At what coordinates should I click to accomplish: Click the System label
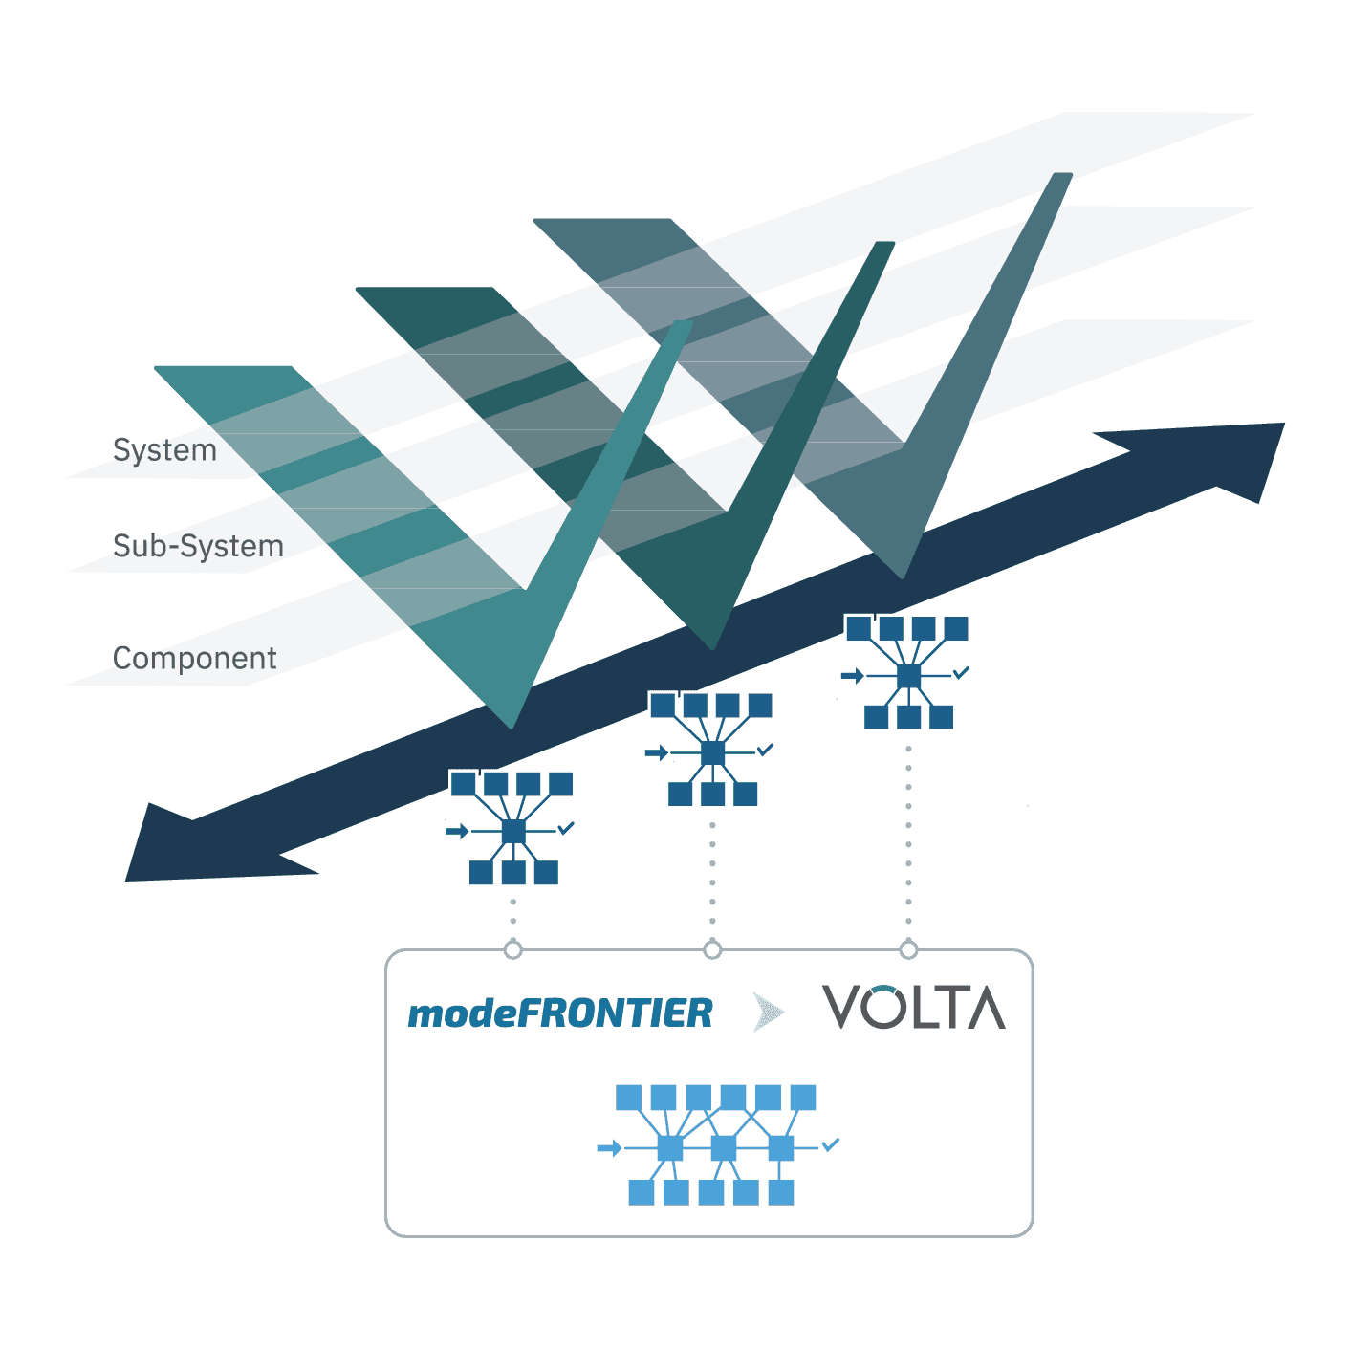coord(164,450)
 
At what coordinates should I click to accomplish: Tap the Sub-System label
coord(198,546)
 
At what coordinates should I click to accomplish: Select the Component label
coord(194,659)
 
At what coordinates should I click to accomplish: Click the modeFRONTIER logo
coord(560,1013)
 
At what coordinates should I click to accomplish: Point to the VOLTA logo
coord(914,1007)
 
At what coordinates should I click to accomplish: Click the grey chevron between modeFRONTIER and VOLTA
coord(768,1012)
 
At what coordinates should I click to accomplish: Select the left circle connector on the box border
coord(513,949)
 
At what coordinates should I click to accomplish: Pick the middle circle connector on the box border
coord(712,949)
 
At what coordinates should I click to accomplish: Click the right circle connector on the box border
coord(908,949)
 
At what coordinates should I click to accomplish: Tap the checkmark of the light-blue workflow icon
coord(831,1143)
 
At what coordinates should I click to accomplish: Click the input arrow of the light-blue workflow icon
coord(609,1147)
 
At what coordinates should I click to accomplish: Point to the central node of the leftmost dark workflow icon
coord(513,831)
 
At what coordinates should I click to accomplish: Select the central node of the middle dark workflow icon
coord(712,753)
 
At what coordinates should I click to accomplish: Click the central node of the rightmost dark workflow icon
coord(908,676)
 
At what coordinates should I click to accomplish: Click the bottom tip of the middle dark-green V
coord(712,646)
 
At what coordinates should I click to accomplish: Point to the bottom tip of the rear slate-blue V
coord(903,575)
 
